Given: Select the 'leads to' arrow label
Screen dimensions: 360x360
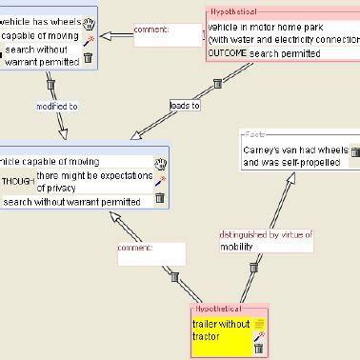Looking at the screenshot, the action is coord(184,105).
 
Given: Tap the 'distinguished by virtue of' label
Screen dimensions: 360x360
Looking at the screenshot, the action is coord(266,233).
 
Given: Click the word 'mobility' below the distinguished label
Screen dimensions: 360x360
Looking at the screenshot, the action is coord(237,246).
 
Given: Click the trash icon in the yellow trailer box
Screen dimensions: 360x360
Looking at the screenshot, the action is coord(258,348).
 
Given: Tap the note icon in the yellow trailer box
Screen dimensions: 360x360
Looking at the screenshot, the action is coord(258,324).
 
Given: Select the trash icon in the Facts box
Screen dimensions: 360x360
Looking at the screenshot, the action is coord(355,151).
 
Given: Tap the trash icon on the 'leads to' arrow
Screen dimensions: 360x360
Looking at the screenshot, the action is coord(217,84).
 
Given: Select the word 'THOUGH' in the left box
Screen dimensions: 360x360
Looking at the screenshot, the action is coord(17,181).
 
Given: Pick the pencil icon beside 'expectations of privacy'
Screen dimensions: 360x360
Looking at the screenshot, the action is coord(160,180).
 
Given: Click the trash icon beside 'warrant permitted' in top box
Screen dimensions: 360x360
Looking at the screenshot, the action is coord(88,58).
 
